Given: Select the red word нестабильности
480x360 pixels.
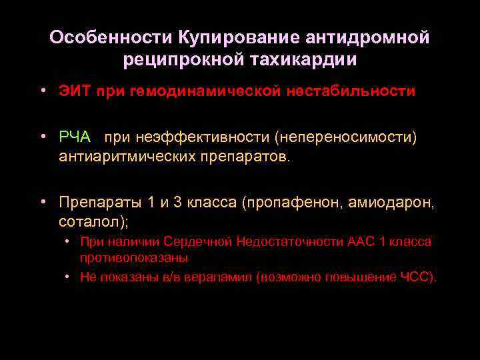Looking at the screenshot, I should coord(351,91).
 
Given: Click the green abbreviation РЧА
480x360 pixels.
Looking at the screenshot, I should coord(75,137).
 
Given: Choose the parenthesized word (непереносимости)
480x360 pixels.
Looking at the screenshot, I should coord(335,137).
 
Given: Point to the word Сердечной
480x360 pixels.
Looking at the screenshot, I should coord(197,241).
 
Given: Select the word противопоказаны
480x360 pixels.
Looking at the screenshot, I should coord(133,257).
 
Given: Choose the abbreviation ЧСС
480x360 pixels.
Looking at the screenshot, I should coord(417,277).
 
